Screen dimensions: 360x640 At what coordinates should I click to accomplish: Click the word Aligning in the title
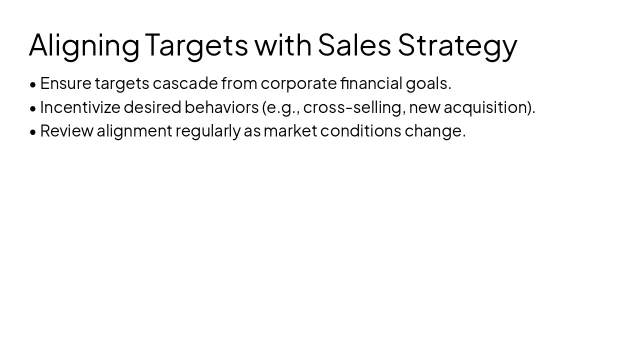[84, 45]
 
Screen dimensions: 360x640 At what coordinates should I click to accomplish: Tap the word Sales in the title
[354, 45]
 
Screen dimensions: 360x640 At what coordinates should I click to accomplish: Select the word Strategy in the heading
[457, 45]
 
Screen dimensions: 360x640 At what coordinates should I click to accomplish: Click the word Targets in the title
[196, 45]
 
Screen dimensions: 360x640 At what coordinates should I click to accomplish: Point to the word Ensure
[65, 83]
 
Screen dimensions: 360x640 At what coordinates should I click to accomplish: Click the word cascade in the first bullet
[185, 83]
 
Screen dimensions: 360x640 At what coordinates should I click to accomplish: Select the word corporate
[298, 83]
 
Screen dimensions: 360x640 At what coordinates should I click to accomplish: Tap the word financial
[371, 83]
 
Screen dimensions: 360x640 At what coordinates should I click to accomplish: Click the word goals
[428, 83]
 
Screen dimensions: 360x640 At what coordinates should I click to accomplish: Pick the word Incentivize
[80, 107]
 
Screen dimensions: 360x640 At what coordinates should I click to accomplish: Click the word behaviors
[221, 107]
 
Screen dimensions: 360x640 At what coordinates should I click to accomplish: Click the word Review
[66, 130]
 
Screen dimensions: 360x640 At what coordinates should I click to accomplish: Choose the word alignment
[134, 130]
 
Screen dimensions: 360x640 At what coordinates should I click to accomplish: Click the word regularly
[207, 130]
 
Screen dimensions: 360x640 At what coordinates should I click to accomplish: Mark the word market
[290, 130]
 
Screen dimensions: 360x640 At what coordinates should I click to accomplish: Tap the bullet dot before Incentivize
[33, 108]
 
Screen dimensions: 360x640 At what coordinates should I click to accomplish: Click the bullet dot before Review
[33, 131]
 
